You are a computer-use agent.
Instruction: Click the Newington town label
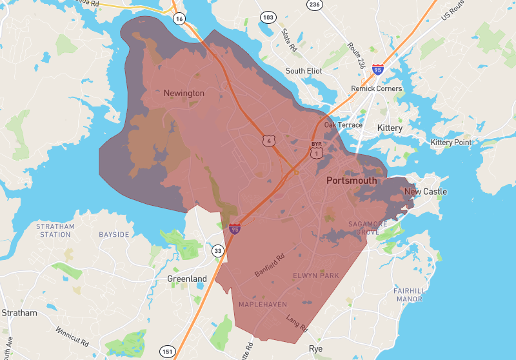tap(184, 94)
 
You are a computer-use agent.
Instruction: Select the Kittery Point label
tap(451, 142)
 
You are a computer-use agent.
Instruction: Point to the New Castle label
tap(425, 192)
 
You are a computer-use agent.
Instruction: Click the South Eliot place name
tap(304, 71)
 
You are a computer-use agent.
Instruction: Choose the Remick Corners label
tap(376, 88)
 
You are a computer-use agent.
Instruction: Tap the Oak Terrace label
tap(343, 125)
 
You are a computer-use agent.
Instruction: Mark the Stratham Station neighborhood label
tap(55, 230)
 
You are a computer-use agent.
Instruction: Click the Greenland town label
tap(187, 279)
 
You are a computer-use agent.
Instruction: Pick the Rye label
tap(315, 348)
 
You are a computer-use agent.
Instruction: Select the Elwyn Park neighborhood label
tap(316, 275)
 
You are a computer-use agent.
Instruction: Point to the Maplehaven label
tap(263, 304)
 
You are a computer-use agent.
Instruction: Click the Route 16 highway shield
tap(179, 19)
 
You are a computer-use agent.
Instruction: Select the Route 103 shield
tap(266, 16)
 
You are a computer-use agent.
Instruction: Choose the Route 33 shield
tap(218, 251)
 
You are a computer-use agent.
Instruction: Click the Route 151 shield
tap(168, 351)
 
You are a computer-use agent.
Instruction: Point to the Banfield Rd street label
tap(270, 265)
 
